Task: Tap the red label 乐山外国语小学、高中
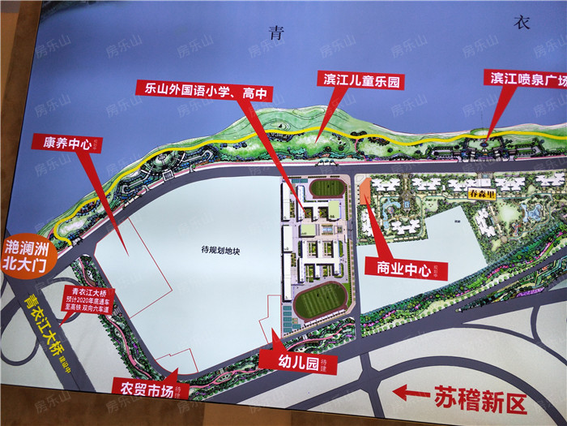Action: click(x=202, y=92)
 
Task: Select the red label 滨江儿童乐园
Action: click(x=362, y=80)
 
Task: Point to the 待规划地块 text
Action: click(x=222, y=252)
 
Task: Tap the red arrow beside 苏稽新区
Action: click(x=412, y=394)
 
